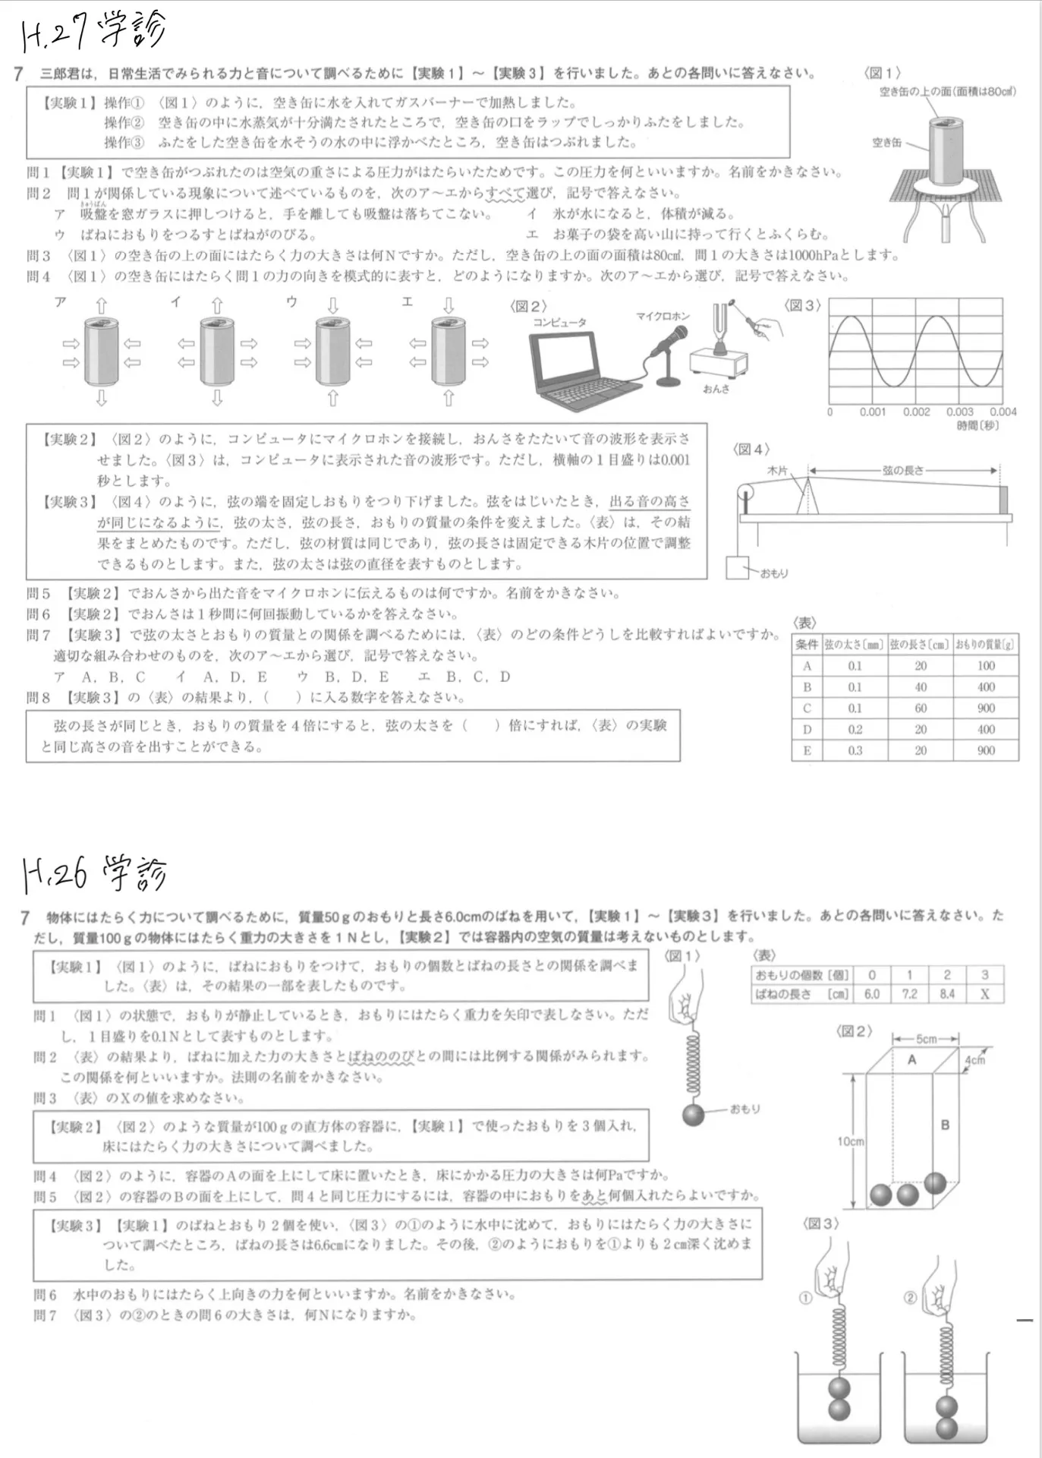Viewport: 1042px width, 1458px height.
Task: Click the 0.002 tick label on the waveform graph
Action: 916,412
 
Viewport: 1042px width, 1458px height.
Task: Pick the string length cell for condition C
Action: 921,708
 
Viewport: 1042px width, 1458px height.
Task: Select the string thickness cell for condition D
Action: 855,729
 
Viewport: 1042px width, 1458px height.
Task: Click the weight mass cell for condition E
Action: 986,750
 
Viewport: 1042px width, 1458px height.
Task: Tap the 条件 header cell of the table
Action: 807,645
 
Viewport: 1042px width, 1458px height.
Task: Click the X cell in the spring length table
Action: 984,994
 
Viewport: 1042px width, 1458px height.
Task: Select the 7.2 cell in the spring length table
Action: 909,994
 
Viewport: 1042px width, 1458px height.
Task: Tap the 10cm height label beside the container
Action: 851,1141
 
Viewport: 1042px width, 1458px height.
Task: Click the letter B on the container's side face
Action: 945,1125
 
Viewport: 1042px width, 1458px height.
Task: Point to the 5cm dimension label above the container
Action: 926,1039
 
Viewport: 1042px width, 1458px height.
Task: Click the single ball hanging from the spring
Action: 694,1114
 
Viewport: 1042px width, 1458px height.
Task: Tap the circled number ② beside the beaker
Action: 911,1298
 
